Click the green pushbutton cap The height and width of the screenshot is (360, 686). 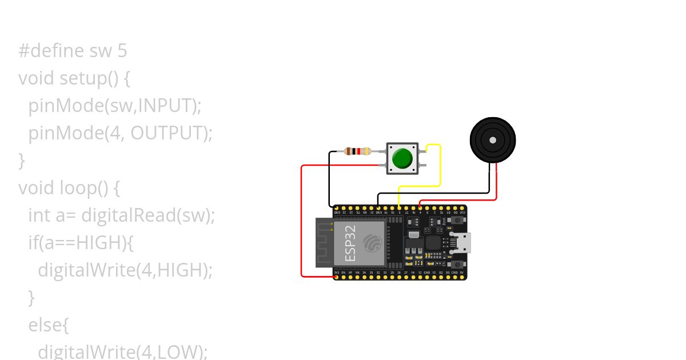click(402, 158)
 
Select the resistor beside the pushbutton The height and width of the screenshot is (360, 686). click(358, 151)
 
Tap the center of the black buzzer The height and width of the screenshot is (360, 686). click(492, 140)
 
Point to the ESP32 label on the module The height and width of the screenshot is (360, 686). click(350, 243)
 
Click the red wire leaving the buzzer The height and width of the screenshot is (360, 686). click(496, 183)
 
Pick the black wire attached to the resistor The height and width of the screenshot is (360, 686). click(330, 177)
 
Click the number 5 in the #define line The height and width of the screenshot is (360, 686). click(122, 51)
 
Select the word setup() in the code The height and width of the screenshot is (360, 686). click(89, 78)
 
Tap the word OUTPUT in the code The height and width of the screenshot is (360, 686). click(169, 133)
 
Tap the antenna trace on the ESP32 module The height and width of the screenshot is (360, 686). click(324, 243)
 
